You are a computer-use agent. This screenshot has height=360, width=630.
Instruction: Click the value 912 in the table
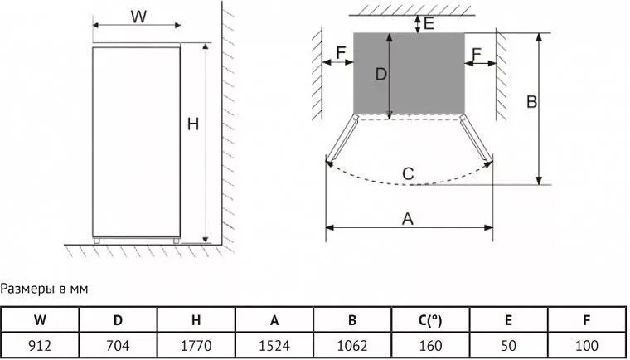[40, 346]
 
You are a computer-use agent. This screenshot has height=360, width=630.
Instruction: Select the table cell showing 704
[118, 346]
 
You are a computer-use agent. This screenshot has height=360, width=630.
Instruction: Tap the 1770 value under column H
[196, 346]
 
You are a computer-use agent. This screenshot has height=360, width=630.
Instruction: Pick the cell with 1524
[274, 346]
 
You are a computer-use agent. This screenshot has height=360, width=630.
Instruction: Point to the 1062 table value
[352, 346]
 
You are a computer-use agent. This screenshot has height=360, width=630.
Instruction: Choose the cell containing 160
[430, 346]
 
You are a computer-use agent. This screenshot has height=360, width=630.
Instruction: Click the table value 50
[508, 346]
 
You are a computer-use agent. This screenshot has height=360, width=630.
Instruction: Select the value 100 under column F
[586, 346]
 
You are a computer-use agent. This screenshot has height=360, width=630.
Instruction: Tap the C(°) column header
[430, 320]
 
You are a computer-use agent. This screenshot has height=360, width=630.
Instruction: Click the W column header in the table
[40, 320]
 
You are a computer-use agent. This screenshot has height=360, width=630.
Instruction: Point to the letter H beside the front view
[193, 124]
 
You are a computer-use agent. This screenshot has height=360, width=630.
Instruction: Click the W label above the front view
[138, 17]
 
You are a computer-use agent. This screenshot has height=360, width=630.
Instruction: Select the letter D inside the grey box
[380, 74]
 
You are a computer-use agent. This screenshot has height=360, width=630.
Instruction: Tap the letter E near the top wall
[429, 23]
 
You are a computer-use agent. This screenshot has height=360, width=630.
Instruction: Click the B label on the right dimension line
[531, 102]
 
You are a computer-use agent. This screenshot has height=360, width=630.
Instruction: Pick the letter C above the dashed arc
[408, 174]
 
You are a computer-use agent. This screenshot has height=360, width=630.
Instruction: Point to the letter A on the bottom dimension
[407, 219]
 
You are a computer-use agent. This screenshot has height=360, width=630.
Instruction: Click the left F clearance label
[341, 53]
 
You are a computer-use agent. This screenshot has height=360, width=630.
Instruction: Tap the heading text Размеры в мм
[44, 289]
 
